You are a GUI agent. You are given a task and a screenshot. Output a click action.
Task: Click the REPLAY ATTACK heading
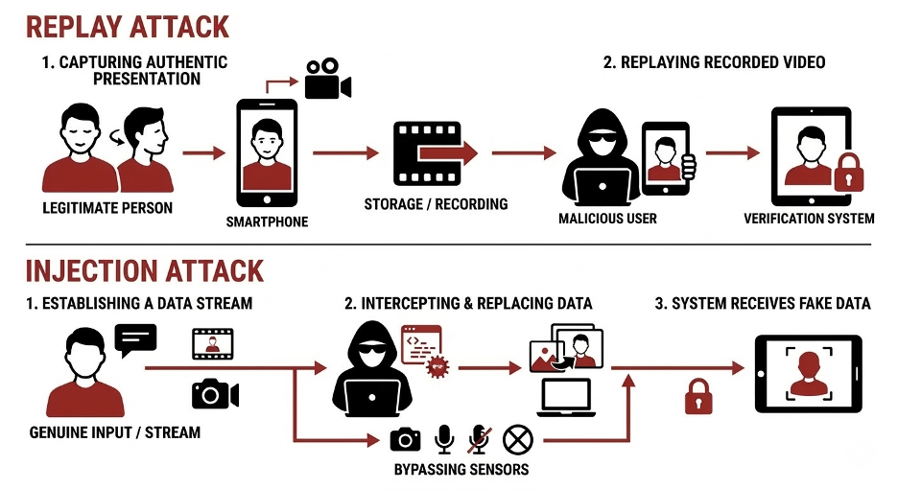(128, 26)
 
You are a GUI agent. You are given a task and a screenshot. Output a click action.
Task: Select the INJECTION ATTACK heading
(145, 270)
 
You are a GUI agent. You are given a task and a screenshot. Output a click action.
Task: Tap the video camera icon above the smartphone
(327, 80)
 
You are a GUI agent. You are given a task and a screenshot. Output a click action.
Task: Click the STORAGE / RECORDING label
(436, 204)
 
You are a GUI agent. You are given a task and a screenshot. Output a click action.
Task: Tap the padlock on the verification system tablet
(845, 173)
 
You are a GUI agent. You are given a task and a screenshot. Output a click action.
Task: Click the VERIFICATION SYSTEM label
(809, 219)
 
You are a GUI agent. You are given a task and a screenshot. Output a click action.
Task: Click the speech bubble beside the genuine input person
(135, 339)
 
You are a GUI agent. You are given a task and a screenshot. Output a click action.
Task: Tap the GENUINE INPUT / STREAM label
(115, 432)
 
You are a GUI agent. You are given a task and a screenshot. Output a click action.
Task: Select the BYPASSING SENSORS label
(461, 470)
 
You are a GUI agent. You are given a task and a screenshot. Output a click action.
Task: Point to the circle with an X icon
(517, 440)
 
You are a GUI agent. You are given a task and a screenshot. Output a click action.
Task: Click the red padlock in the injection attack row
(698, 395)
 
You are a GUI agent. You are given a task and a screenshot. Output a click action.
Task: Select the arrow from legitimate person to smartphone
(203, 152)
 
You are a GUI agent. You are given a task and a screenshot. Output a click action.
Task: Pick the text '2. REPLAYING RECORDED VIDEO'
(714, 62)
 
